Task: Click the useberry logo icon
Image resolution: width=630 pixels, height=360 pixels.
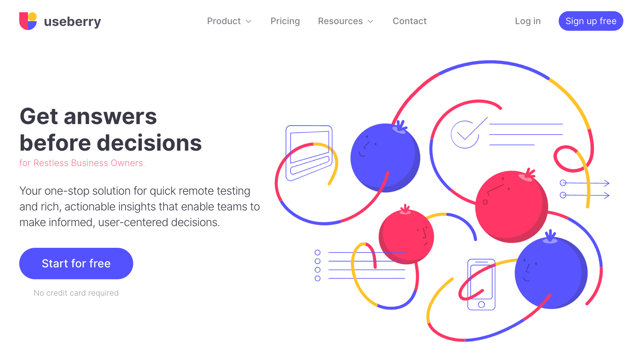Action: click(x=28, y=21)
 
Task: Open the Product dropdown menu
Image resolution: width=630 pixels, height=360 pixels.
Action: click(x=229, y=21)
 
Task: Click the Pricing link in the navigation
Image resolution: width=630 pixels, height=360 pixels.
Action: click(x=285, y=21)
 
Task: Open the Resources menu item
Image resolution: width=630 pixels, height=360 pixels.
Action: click(x=346, y=21)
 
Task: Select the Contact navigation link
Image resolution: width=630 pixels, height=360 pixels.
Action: click(x=410, y=21)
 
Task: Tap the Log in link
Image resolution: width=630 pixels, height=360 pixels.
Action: click(x=528, y=21)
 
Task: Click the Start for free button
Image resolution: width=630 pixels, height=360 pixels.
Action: click(x=76, y=264)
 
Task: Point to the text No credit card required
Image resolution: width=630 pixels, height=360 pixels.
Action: click(x=76, y=293)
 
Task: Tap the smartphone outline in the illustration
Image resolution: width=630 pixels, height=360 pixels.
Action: click(x=481, y=285)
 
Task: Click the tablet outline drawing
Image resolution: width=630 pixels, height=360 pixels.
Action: click(x=309, y=153)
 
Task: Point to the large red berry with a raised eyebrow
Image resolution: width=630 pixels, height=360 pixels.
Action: click(x=511, y=206)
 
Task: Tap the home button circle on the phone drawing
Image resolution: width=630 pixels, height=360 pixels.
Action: click(x=481, y=304)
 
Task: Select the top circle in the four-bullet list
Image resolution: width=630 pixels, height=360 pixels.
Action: click(x=317, y=252)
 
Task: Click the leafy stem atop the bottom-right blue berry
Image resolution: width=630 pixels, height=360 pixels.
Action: click(x=550, y=236)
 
